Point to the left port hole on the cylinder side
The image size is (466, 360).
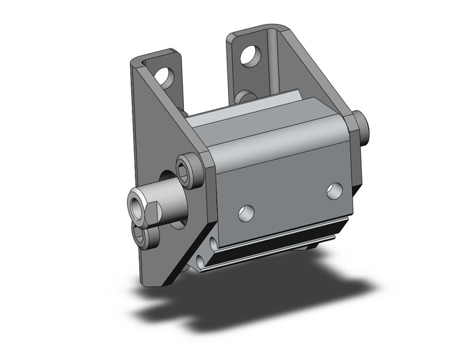coord(246,213)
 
